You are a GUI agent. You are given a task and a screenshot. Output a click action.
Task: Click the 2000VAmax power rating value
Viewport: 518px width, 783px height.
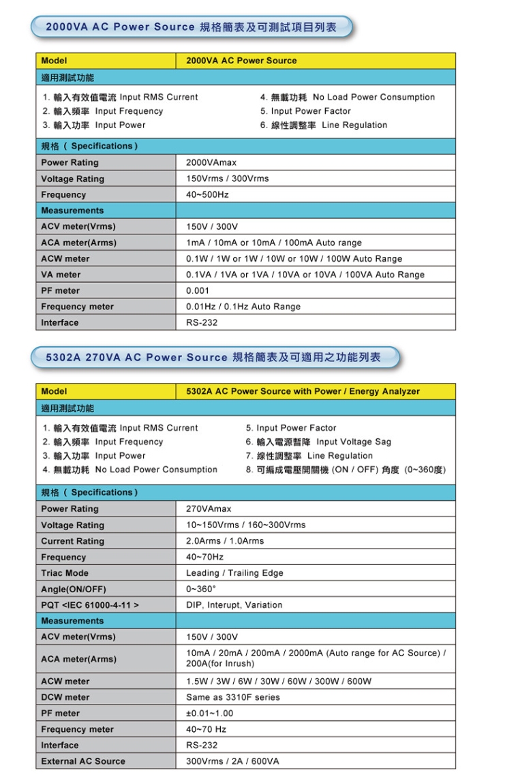(x=211, y=163)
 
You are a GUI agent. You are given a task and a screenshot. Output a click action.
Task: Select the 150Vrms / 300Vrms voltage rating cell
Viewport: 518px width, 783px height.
(x=227, y=179)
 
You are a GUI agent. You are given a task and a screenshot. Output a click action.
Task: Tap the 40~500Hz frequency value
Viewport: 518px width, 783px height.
(x=207, y=195)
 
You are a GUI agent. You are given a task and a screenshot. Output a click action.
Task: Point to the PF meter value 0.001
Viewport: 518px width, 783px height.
(x=198, y=290)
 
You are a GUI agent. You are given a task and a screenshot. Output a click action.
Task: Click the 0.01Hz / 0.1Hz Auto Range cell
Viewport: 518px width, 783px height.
(x=243, y=307)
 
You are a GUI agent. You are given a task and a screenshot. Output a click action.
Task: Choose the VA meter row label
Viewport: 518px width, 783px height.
(x=61, y=275)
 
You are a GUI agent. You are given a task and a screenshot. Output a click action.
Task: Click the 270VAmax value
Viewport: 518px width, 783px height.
(x=209, y=509)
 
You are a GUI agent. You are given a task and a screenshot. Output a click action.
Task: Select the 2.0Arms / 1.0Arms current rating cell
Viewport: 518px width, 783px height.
(x=224, y=541)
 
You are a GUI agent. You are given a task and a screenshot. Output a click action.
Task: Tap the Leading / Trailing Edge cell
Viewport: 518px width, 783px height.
(x=234, y=573)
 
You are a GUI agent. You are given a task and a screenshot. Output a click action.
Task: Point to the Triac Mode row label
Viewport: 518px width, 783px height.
(x=65, y=573)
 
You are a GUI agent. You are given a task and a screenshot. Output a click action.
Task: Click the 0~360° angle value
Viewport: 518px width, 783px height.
(x=201, y=589)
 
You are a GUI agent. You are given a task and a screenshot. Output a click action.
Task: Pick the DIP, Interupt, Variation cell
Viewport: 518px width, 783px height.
(x=234, y=605)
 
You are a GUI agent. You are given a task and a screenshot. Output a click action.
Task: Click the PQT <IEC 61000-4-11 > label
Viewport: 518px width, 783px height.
(x=90, y=605)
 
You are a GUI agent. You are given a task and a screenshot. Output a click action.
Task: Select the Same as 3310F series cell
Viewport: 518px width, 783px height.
(x=232, y=697)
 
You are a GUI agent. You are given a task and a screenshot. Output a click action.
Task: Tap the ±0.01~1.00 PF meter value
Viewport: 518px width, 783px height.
(x=209, y=713)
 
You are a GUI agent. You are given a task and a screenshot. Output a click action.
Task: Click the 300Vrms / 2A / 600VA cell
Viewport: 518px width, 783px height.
(x=232, y=761)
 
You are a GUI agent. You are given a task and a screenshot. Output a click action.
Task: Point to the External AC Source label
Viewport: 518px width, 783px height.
(x=83, y=761)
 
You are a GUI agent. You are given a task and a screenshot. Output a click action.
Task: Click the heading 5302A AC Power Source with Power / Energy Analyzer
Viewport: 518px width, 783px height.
(x=303, y=391)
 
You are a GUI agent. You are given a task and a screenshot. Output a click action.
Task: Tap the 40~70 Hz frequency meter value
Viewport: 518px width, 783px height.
(x=206, y=729)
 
